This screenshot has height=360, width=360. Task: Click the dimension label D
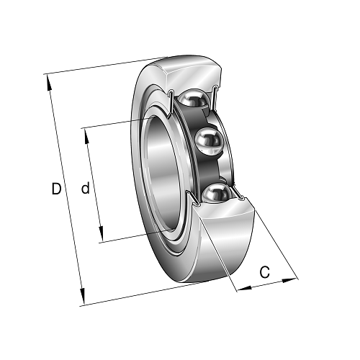tap(56, 189)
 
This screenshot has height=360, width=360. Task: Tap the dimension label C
tap(265, 272)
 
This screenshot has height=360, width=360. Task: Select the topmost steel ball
tap(194, 98)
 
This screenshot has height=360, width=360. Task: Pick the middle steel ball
tap(207, 142)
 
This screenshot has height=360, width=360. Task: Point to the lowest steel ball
tap(217, 193)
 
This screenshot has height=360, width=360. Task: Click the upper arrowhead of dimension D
tap(48, 82)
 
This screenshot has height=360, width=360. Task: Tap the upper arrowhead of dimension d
tap(86, 136)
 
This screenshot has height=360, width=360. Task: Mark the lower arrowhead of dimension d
tap(102, 233)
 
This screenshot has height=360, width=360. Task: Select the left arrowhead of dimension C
tap(244, 288)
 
